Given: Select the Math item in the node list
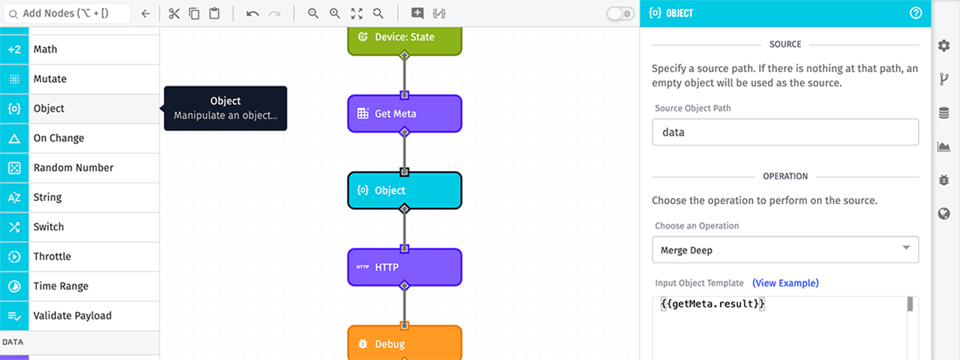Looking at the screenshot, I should pos(80,49).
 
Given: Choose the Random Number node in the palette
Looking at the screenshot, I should pos(80,168).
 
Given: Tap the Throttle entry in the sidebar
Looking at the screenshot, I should pos(80,257).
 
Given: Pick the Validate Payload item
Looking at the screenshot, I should pos(80,316).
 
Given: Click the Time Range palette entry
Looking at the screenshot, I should pos(80,286).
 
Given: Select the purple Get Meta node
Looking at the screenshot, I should pos(404,114).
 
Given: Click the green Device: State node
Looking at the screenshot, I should pos(404,38).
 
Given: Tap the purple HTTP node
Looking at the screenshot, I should pos(404,267).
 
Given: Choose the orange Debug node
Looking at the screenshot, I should pos(404,343).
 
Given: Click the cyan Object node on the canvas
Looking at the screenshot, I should pos(404,190).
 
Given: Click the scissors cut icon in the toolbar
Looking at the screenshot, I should pos(173,14).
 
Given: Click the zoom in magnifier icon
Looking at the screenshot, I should pos(313,14).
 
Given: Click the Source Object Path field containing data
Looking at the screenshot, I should pos(784,132).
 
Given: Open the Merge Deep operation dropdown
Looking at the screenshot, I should pos(784,248).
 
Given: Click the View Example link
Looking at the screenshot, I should pos(785,283).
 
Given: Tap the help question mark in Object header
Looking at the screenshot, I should pos(916,14).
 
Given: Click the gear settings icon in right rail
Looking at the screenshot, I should pos(944,45).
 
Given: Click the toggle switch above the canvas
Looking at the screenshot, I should pos(620,14).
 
